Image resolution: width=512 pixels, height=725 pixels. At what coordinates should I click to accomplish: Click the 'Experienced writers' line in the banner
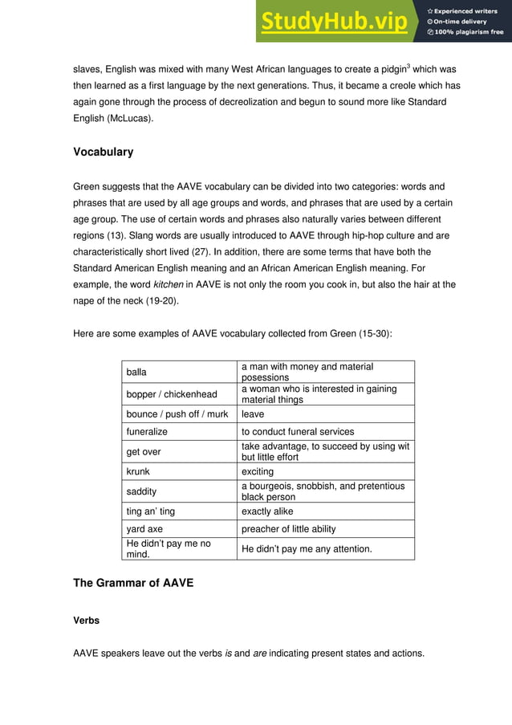pos(465,11)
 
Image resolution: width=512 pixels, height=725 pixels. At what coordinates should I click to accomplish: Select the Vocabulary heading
pos(103,152)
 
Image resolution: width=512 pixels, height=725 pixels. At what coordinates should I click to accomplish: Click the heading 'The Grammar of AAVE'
pos(133,583)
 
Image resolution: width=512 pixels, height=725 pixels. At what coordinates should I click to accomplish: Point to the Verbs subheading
pos(87,621)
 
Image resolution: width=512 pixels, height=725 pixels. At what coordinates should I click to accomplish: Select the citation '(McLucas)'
pos(132,118)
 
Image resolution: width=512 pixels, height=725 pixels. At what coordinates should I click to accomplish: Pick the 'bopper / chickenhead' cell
pos(172,394)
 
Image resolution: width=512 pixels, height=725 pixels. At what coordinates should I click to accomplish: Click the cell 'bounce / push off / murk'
pos(177,414)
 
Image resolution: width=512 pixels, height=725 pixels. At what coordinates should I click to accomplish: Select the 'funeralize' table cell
pos(147,431)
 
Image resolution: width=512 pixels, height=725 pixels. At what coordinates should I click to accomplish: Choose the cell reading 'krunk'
pos(138,471)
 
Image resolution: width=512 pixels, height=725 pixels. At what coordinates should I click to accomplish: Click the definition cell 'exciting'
pos(258,471)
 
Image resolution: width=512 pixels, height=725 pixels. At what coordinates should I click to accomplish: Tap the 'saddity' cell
pos(141,491)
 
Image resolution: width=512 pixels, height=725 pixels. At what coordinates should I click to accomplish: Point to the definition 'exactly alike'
pos(267,511)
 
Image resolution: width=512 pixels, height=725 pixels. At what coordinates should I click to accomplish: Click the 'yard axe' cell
pos(144,529)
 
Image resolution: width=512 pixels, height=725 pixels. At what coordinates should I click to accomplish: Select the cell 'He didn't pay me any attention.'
pos(307,548)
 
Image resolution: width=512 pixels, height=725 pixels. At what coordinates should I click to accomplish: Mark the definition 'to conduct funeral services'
pos(298,431)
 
